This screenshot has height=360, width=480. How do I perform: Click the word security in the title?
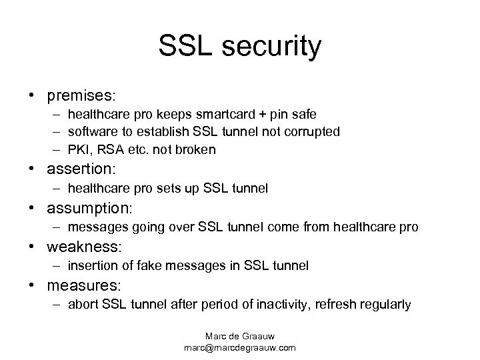[271, 46]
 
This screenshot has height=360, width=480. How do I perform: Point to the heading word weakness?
[84, 247]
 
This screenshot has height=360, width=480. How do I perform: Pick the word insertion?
[92, 265]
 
